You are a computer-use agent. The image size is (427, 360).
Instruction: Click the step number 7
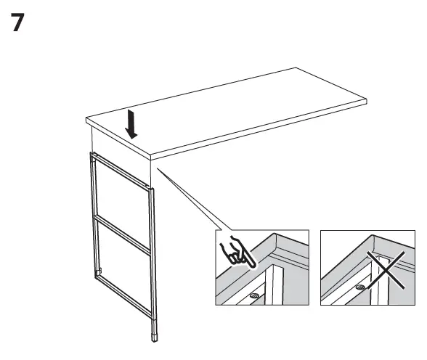pyautogui.click(x=23, y=22)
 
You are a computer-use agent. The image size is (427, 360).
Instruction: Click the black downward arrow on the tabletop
pyautogui.click(x=131, y=124)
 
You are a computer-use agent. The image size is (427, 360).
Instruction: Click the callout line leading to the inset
pyautogui.click(x=187, y=196)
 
